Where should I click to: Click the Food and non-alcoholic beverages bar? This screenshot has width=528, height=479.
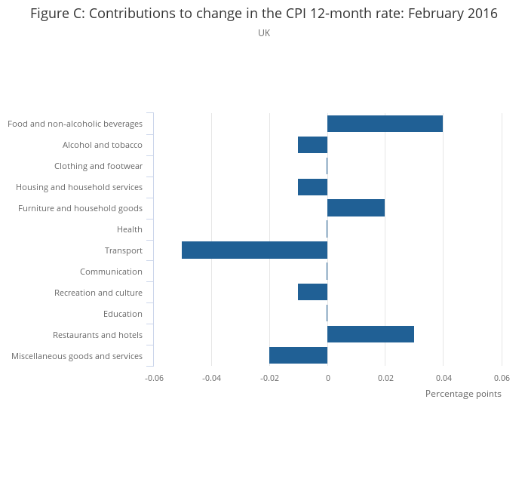385,124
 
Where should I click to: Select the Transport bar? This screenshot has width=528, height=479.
254,250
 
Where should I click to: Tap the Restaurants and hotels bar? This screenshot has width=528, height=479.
370,335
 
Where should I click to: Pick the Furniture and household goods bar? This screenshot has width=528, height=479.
356,208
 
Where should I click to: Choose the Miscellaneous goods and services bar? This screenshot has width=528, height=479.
298,356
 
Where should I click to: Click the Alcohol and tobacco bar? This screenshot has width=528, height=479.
312,145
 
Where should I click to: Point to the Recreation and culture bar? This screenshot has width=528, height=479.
312,293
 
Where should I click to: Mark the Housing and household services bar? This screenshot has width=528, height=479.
312,187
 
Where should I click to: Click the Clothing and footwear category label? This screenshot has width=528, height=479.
98,166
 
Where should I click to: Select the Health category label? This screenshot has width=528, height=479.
130,229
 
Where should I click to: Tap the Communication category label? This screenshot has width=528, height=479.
111,272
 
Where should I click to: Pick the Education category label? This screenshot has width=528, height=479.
123,314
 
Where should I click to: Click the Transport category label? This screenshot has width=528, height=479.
124,250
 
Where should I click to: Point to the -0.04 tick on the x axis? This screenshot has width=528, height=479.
211,377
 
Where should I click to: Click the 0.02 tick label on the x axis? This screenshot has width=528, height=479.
385,377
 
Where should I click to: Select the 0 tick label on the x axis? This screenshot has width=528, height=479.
327,377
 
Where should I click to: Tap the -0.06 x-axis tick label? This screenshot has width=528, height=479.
154,377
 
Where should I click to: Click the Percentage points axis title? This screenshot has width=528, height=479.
463,394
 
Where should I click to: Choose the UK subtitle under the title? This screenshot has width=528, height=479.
264,33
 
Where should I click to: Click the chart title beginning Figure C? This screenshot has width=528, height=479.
264,14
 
